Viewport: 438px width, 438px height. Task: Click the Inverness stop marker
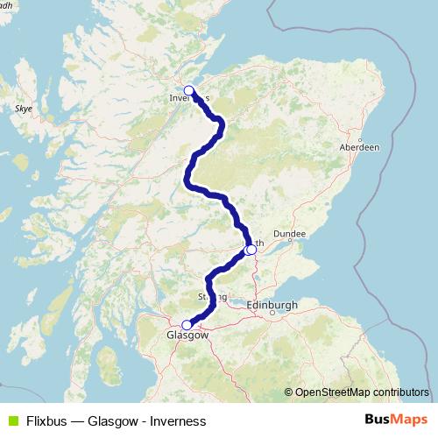pos(188,90)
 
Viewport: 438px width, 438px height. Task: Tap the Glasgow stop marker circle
pos(187,324)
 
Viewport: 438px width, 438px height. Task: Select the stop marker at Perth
pos(251,250)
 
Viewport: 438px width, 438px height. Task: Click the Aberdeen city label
pos(359,149)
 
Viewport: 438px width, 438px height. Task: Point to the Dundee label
pos(289,235)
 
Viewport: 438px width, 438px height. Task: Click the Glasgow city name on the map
pos(187,336)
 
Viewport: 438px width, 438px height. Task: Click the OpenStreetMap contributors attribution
pos(361,392)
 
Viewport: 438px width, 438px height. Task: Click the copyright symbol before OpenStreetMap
pos(289,392)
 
